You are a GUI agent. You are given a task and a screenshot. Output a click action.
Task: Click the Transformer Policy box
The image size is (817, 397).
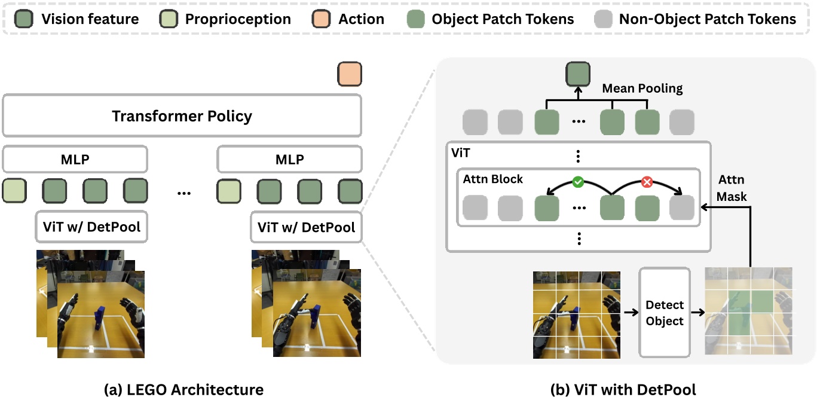[x=182, y=115]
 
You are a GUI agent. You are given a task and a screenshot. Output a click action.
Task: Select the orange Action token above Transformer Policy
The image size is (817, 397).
[x=350, y=75]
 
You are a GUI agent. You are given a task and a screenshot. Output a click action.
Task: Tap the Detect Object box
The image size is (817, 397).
[x=665, y=313]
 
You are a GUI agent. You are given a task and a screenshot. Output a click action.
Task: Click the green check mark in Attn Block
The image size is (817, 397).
[x=578, y=182]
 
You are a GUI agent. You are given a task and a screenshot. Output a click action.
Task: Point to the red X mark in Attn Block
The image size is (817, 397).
[x=646, y=182]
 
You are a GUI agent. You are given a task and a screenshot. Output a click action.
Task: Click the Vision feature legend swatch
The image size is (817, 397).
[x=26, y=19]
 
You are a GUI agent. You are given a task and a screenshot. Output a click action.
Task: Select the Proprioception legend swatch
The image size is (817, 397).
[x=169, y=19]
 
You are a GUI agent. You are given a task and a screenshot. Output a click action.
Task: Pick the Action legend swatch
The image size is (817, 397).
[x=322, y=19]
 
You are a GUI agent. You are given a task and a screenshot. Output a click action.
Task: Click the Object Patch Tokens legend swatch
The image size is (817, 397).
[x=416, y=19]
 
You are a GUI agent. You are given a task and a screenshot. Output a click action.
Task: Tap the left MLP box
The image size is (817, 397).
[x=75, y=160]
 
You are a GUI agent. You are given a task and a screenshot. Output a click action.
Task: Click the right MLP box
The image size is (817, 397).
[x=289, y=160]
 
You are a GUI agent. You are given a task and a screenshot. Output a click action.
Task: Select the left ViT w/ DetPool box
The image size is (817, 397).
[x=91, y=227]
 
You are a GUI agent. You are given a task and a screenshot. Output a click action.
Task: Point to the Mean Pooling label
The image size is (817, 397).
[x=642, y=88]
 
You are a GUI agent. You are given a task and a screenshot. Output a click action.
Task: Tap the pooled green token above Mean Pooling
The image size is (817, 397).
[x=578, y=75]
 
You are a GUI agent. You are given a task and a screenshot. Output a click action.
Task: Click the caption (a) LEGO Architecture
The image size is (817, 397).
[x=183, y=390]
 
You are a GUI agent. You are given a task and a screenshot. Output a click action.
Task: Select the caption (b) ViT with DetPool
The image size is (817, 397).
[x=623, y=390]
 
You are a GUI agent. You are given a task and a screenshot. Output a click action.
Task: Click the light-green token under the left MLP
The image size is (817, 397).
[x=15, y=191]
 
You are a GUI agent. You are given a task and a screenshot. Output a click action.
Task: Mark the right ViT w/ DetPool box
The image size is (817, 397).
[x=306, y=227]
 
